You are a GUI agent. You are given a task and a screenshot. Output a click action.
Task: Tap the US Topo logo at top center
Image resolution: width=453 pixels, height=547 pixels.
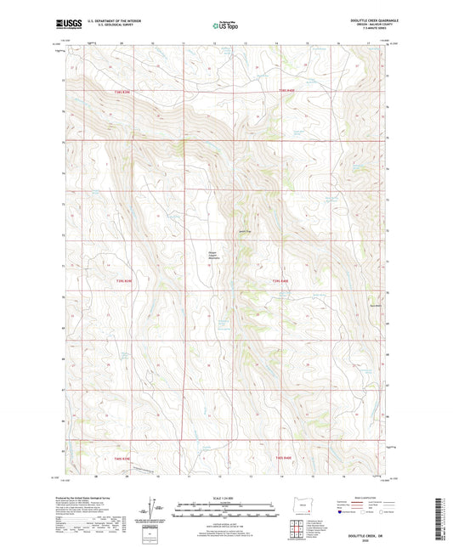click(x=225, y=25)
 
